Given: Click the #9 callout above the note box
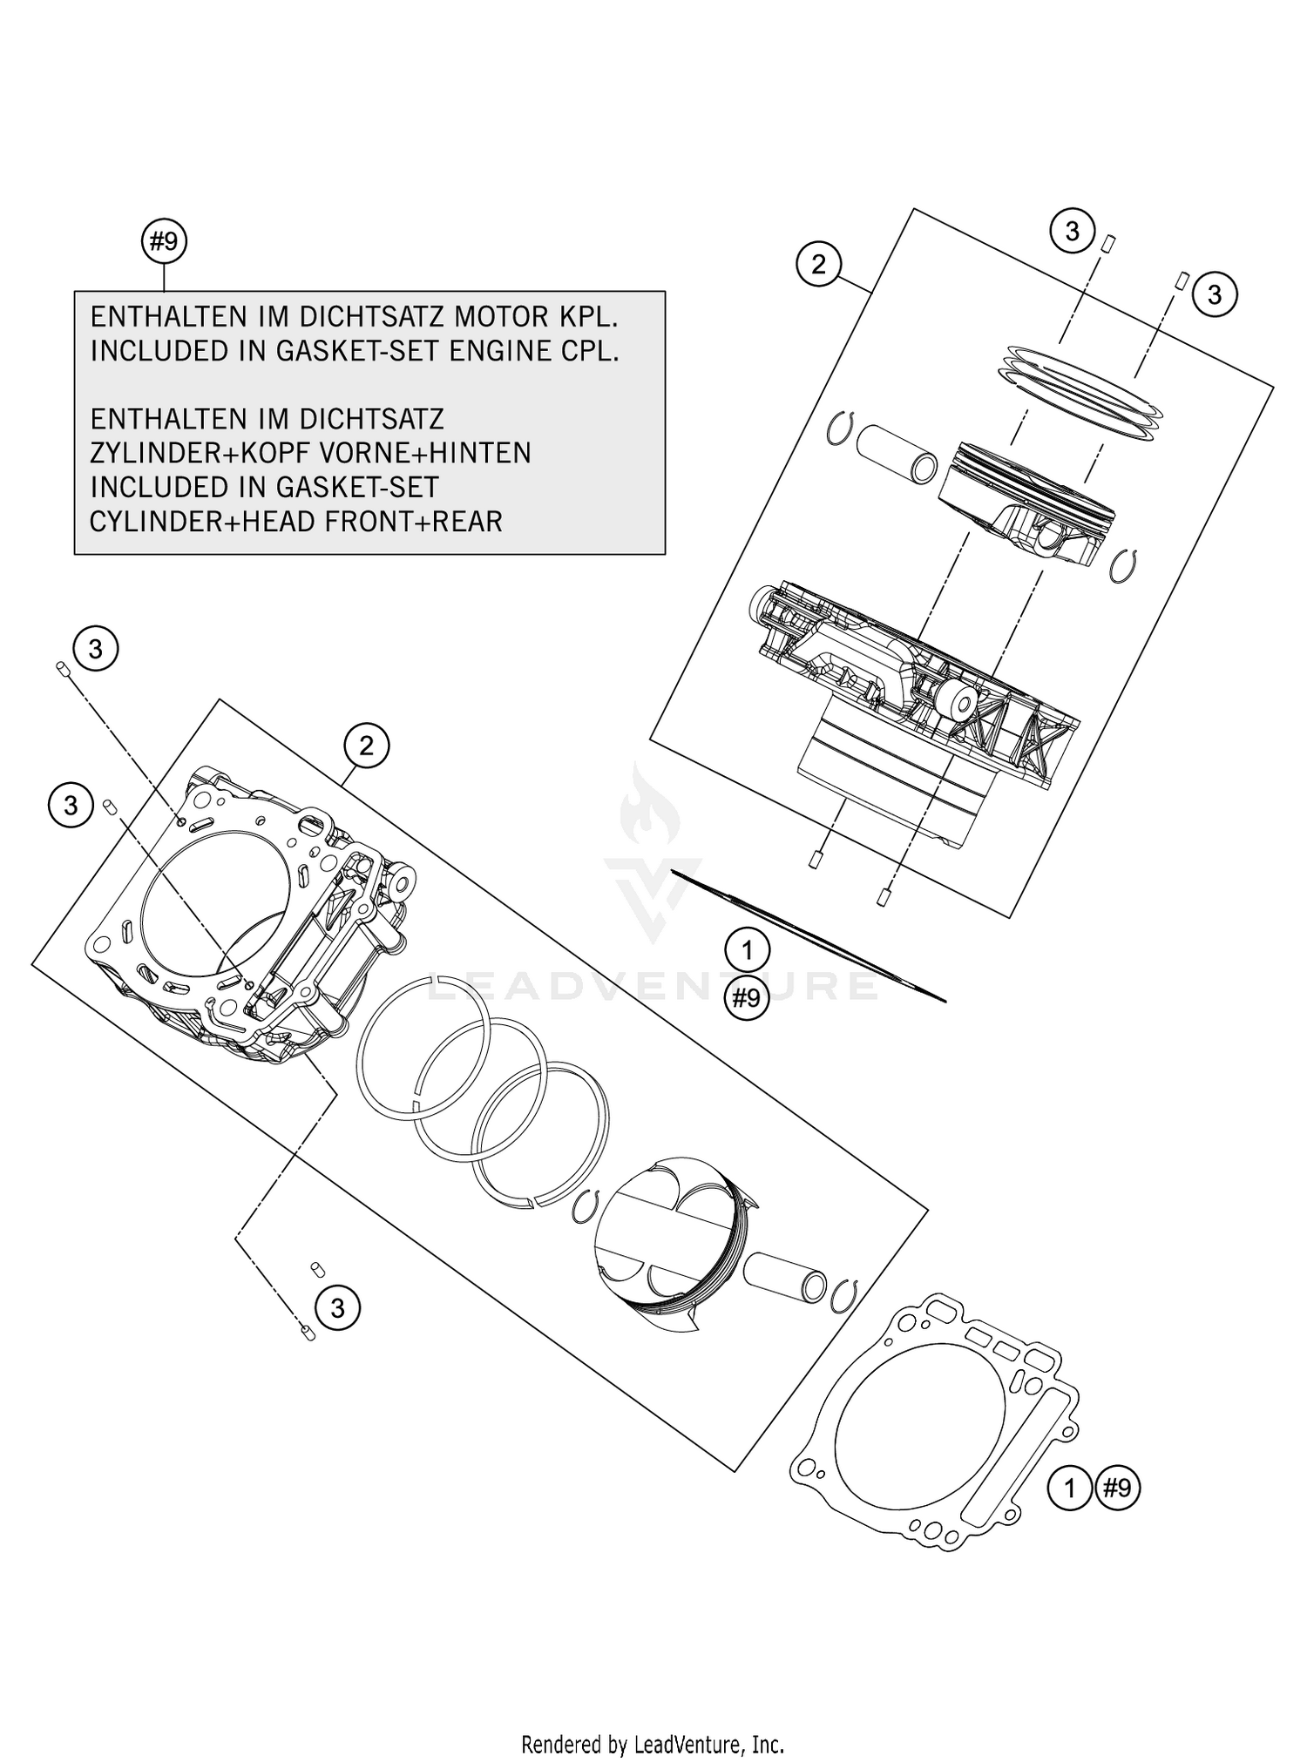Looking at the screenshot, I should [164, 242].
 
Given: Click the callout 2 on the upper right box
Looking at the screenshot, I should [817, 264].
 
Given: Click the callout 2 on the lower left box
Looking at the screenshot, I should [366, 746].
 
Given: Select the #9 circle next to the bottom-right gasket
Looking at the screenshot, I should [1117, 1488].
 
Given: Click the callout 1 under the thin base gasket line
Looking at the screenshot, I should [747, 950].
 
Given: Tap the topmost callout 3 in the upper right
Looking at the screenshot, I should [1072, 231].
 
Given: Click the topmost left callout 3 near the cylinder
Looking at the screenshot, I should [96, 649].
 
